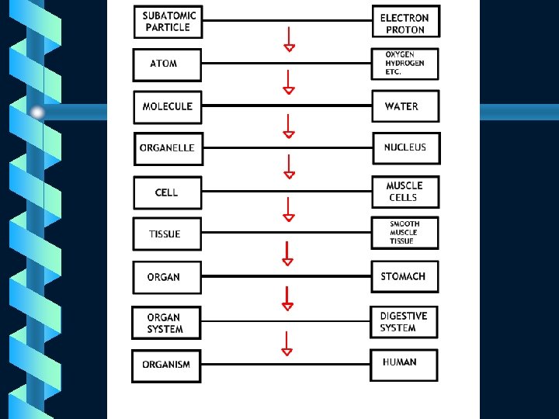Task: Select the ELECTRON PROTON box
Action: pos(404,23)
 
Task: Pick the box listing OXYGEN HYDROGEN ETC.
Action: pos(404,64)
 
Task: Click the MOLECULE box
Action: pos(168,106)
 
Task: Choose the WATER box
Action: pos(404,106)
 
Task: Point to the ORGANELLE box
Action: pos(168,148)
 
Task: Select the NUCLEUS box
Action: pos(405,148)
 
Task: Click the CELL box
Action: pos(167,192)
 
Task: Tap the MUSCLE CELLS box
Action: pos(404,192)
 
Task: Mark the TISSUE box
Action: pos(166,234)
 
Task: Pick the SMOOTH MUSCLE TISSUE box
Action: pos(404,233)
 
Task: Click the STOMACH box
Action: pos(404,277)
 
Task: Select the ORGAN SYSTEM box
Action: pos(165,323)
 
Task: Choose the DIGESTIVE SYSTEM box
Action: pos(404,322)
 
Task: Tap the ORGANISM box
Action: pos(166,365)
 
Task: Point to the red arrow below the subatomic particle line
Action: pos(289,40)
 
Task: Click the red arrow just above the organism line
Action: pos(287,344)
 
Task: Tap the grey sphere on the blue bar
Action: pos(37,113)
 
